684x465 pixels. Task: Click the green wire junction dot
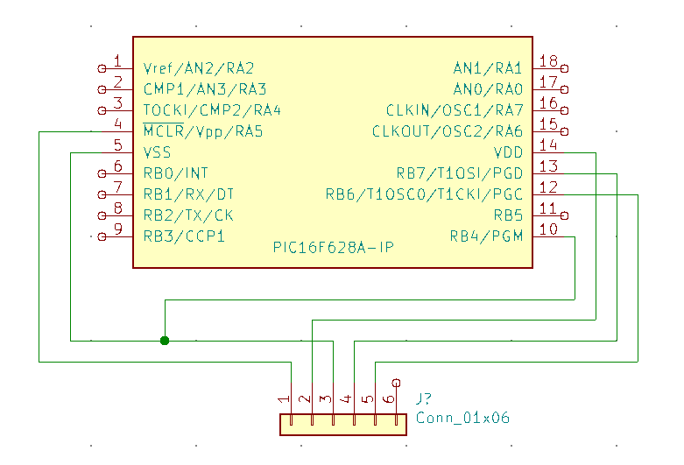(x=165, y=341)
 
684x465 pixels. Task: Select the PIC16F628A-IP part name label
(x=334, y=248)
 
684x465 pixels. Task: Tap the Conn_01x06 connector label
(x=462, y=418)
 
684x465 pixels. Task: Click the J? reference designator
(x=424, y=398)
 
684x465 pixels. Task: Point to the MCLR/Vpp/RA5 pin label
(x=203, y=130)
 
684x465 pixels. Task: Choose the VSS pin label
(x=157, y=152)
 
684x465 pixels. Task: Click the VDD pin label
(x=508, y=152)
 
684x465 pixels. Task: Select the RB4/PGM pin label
(x=486, y=236)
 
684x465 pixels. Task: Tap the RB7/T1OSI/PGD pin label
(x=459, y=173)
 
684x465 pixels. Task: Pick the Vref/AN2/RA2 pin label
(x=199, y=68)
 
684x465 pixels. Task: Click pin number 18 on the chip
(x=548, y=61)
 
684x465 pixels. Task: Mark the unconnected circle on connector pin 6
(x=396, y=383)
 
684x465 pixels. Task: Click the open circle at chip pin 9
(x=102, y=236)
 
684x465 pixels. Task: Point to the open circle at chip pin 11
(x=564, y=215)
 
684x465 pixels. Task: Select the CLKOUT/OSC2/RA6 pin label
(x=448, y=131)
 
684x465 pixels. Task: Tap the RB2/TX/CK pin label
(x=188, y=215)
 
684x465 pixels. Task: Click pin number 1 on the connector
(x=284, y=398)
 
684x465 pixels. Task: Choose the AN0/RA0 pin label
(x=488, y=89)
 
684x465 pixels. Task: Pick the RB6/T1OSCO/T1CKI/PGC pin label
(x=425, y=194)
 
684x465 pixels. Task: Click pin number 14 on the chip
(x=548, y=144)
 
